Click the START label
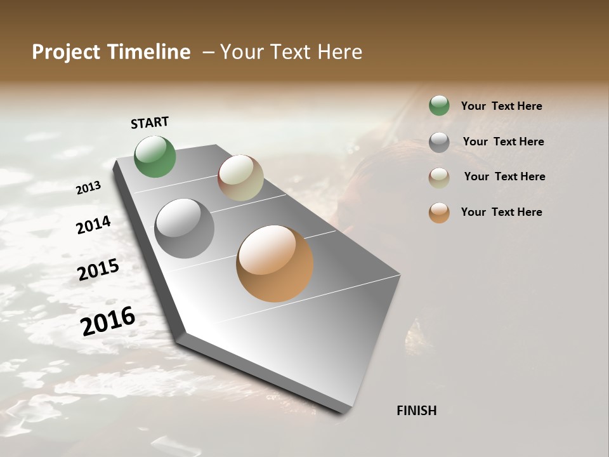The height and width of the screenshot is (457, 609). pyautogui.click(x=150, y=123)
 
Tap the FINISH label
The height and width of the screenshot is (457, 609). pyautogui.click(x=416, y=411)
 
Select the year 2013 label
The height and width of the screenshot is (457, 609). pyautogui.click(x=88, y=188)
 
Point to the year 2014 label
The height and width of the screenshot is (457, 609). pyautogui.click(x=93, y=225)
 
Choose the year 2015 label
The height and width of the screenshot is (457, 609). pyautogui.click(x=98, y=270)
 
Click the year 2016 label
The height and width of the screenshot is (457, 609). pyautogui.click(x=108, y=321)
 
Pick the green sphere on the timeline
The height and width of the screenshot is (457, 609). pyautogui.click(x=155, y=156)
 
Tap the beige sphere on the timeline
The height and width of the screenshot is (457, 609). pyautogui.click(x=240, y=178)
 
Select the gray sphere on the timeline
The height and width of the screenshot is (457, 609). pyautogui.click(x=185, y=228)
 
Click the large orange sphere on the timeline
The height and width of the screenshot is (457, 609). pyautogui.click(x=275, y=263)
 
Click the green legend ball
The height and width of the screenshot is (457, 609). pyautogui.click(x=439, y=105)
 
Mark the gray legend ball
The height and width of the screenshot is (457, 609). pyautogui.click(x=439, y=142)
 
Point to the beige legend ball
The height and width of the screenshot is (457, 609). pyautogui.click(x=439, y=177)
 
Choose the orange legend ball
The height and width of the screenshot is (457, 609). pyautogui.click(x=439, y=213)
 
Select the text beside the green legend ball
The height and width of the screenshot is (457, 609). pyautogui.click(x=501, y=106)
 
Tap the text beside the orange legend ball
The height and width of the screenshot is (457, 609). pyautogui.click(x=501, y=212)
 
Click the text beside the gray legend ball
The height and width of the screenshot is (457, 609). pyautogui.click(x=503, y=142)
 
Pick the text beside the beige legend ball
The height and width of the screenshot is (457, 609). pyautogui.click(x=504, y=176)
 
